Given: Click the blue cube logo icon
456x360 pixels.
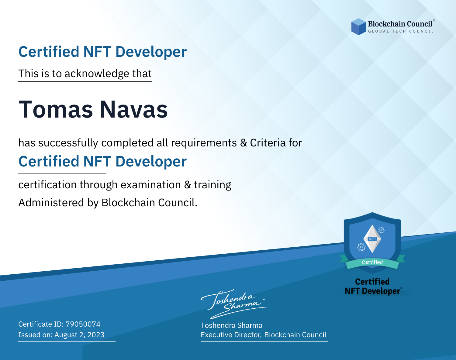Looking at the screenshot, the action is [358, 27].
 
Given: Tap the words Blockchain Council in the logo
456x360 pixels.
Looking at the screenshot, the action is [400, 24].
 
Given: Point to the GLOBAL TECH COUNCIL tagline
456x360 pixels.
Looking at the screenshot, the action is [401, 31].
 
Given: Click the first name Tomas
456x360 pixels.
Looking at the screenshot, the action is [56, 110].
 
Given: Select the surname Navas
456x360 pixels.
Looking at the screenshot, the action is [134, 110].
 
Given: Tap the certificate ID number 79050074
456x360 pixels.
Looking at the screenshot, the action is [83, 324].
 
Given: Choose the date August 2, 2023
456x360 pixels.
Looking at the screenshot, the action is [79, 335].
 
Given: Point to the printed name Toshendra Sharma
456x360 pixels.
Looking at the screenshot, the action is [231, 325].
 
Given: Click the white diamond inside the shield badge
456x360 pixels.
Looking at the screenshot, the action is [372, 239].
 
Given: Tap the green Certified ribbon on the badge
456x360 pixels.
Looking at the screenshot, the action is [372, 262].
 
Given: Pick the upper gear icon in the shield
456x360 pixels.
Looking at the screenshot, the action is [382, 230].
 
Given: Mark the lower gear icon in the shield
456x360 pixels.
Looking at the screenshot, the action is [361, 247].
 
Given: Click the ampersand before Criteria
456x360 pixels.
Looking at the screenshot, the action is [244, 143].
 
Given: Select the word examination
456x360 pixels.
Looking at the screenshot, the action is [151, 185].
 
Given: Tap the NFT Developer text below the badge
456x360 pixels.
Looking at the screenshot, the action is [372, 291].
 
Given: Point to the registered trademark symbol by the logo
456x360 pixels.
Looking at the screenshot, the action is [434, 20].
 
